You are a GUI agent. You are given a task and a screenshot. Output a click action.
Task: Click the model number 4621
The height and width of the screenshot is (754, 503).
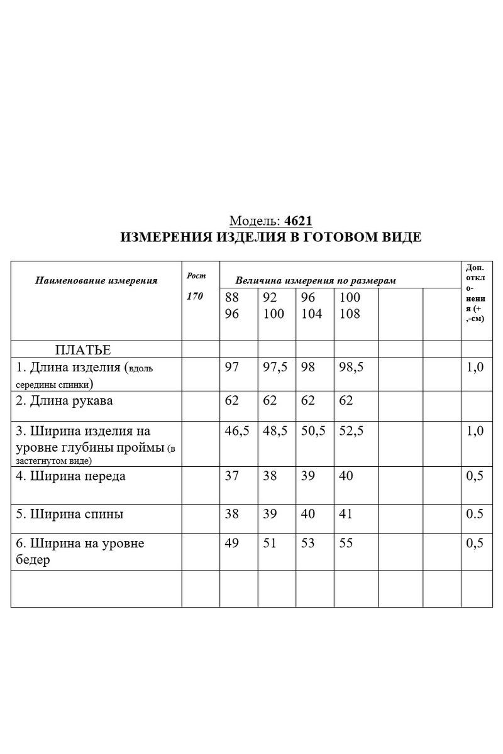(299, 221)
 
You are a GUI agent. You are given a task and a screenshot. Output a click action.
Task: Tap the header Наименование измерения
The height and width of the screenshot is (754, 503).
(96, 280)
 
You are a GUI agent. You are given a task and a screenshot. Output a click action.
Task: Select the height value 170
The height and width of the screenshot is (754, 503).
(195, 297)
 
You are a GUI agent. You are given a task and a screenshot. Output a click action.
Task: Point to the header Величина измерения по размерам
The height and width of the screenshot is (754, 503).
(315, 281)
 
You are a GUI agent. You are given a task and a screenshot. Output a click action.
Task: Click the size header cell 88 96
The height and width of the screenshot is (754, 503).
(232, 305)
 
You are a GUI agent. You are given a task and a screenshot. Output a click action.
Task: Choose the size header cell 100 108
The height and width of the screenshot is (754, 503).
(350, 305)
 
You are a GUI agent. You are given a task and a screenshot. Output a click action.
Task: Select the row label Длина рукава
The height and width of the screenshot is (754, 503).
(65, 400)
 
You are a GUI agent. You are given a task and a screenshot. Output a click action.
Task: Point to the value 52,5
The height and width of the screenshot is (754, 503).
(351, 431)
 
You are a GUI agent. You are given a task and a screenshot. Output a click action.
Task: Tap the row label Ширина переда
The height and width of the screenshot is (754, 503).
(70, 476)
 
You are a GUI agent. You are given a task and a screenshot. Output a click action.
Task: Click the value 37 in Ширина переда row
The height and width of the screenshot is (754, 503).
(232, 476)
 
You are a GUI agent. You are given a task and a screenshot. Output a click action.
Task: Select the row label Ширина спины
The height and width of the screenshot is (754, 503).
(69, 514)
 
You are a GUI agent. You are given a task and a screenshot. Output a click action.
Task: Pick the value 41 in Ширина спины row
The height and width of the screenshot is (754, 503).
(346, 514)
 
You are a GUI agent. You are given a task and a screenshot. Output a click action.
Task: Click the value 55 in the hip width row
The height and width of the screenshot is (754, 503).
(346, 544)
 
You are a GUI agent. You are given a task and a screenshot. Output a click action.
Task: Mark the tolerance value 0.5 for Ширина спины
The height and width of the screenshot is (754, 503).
(474, 514)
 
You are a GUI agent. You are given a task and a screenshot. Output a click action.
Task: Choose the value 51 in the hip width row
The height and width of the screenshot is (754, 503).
(270, 544)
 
